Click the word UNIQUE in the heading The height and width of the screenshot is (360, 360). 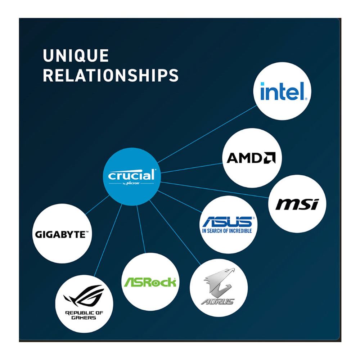point(76,55)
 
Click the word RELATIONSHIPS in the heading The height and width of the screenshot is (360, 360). point(111,75)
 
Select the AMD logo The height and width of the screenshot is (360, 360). point(251,158)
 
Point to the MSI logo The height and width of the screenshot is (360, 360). point(297,204)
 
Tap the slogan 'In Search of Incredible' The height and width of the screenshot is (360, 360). point(227,231)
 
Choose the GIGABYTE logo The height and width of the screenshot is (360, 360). point(62,235)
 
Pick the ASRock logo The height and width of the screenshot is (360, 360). point(150,282)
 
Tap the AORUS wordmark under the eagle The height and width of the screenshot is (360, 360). point(218,301)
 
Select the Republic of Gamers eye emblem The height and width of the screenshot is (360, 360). point(84,296)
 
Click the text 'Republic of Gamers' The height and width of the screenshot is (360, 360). point(84,315)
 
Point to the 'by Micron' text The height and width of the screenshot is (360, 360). point(131,184)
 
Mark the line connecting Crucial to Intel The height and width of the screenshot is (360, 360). point(207,134)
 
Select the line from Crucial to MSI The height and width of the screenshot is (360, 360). point(215,190)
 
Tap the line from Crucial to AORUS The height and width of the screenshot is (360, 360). point(175,232)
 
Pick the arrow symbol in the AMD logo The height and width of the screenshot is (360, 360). point(269,158)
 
